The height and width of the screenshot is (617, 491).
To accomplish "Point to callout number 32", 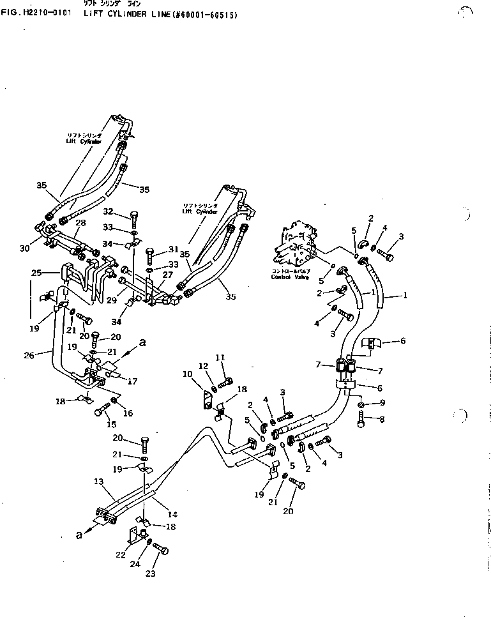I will point(108,211).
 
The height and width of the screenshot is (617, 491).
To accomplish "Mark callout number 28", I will point(80,222).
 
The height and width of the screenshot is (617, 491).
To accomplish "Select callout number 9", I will point(382,402).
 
